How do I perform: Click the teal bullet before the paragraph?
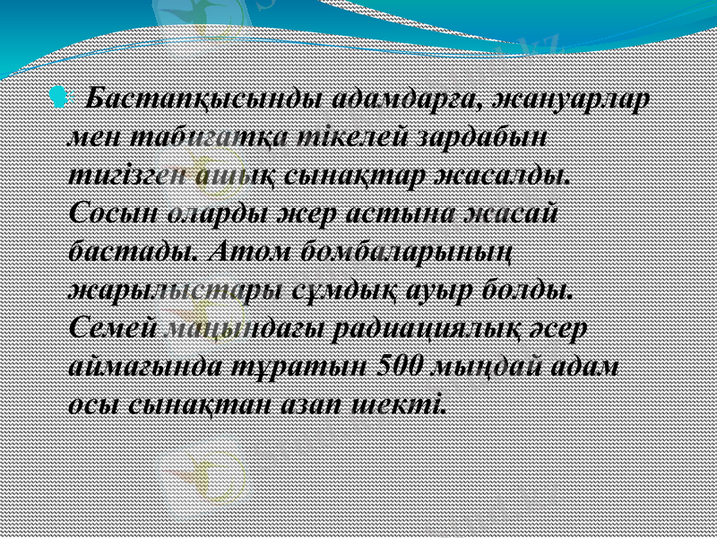[59, 94]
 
